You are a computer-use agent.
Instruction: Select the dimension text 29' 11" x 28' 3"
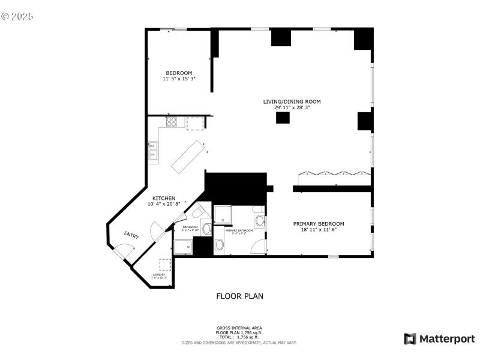tap(292, 107)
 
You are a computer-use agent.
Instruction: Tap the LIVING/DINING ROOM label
tap(292, 101)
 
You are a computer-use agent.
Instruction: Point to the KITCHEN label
tap(164, 198)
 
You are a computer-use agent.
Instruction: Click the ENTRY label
tap(131, 235)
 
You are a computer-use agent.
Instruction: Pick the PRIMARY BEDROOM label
tap(319, 224)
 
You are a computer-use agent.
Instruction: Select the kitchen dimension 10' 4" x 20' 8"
tap(164, 204)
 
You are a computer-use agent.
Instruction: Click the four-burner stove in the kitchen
tap(172, 122)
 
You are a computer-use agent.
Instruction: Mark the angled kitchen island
tap(187, 156)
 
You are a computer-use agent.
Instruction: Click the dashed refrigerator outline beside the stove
tap(195, 123)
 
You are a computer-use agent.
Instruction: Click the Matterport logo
tap(439, 339)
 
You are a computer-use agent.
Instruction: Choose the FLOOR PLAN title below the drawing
tap(239, 296)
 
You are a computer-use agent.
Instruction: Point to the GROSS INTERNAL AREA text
tap(239, 328)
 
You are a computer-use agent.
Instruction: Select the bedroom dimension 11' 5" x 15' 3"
tap(179, 79)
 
